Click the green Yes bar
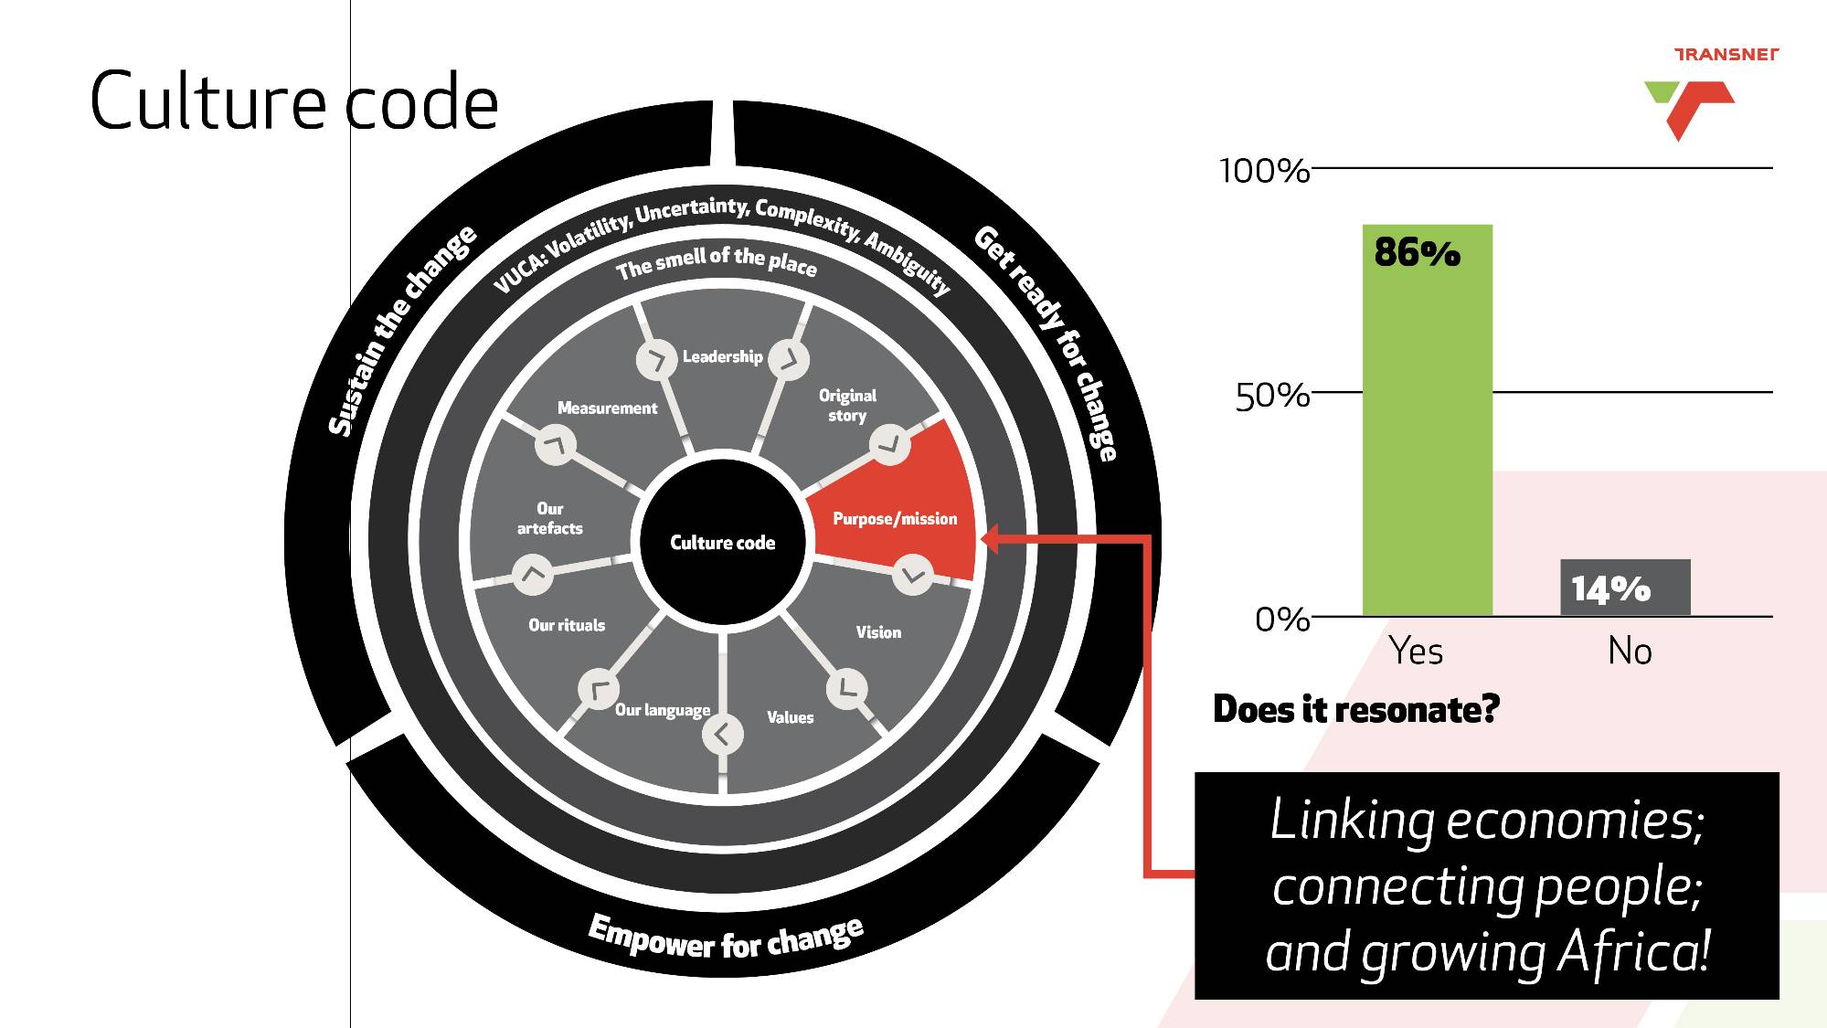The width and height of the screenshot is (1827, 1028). pyautogui.click(x=1427, y=420)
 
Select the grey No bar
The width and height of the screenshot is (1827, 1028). pyautogui.click(x=1625, y=588)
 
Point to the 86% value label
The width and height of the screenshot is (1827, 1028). pyautogui.click(x=1417, y=252)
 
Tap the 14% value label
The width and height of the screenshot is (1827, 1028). pyautogui.click(x=1610, y=589)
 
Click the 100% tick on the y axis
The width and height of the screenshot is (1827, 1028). pyautogui.click(x=1265, y=171)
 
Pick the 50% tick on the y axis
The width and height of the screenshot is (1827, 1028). pyautogui.click(x=1272, y=397)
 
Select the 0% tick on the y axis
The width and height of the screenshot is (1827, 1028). pyautogui.click(x=1282, y=620)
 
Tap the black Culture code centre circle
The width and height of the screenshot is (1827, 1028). pyautogui.click(x=722, y=543)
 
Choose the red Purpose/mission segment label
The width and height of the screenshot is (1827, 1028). pyautogui.click(x=895, y=519)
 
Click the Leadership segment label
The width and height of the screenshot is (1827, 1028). pyautogui.click(x=722, y=356)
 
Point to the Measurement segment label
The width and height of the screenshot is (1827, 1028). pyautogui.click(x=607, y=408)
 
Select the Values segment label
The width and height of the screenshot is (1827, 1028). pyautogui.click(x=790, y=717)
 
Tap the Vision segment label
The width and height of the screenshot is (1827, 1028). pyautogui.click(x=878, y=632)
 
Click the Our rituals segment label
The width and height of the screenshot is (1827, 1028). pyautogui.click(x=567, y=625)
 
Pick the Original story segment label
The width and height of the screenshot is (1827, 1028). pyautogui.click(x=847, y=406)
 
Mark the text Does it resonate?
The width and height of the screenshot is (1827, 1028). pyautogui.click(x=1356, y=709)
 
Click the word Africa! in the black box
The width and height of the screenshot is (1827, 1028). pyautogui.click(x=1633, y=952)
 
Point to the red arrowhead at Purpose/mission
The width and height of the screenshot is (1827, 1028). pyautogui.click(x=989, y=539)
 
